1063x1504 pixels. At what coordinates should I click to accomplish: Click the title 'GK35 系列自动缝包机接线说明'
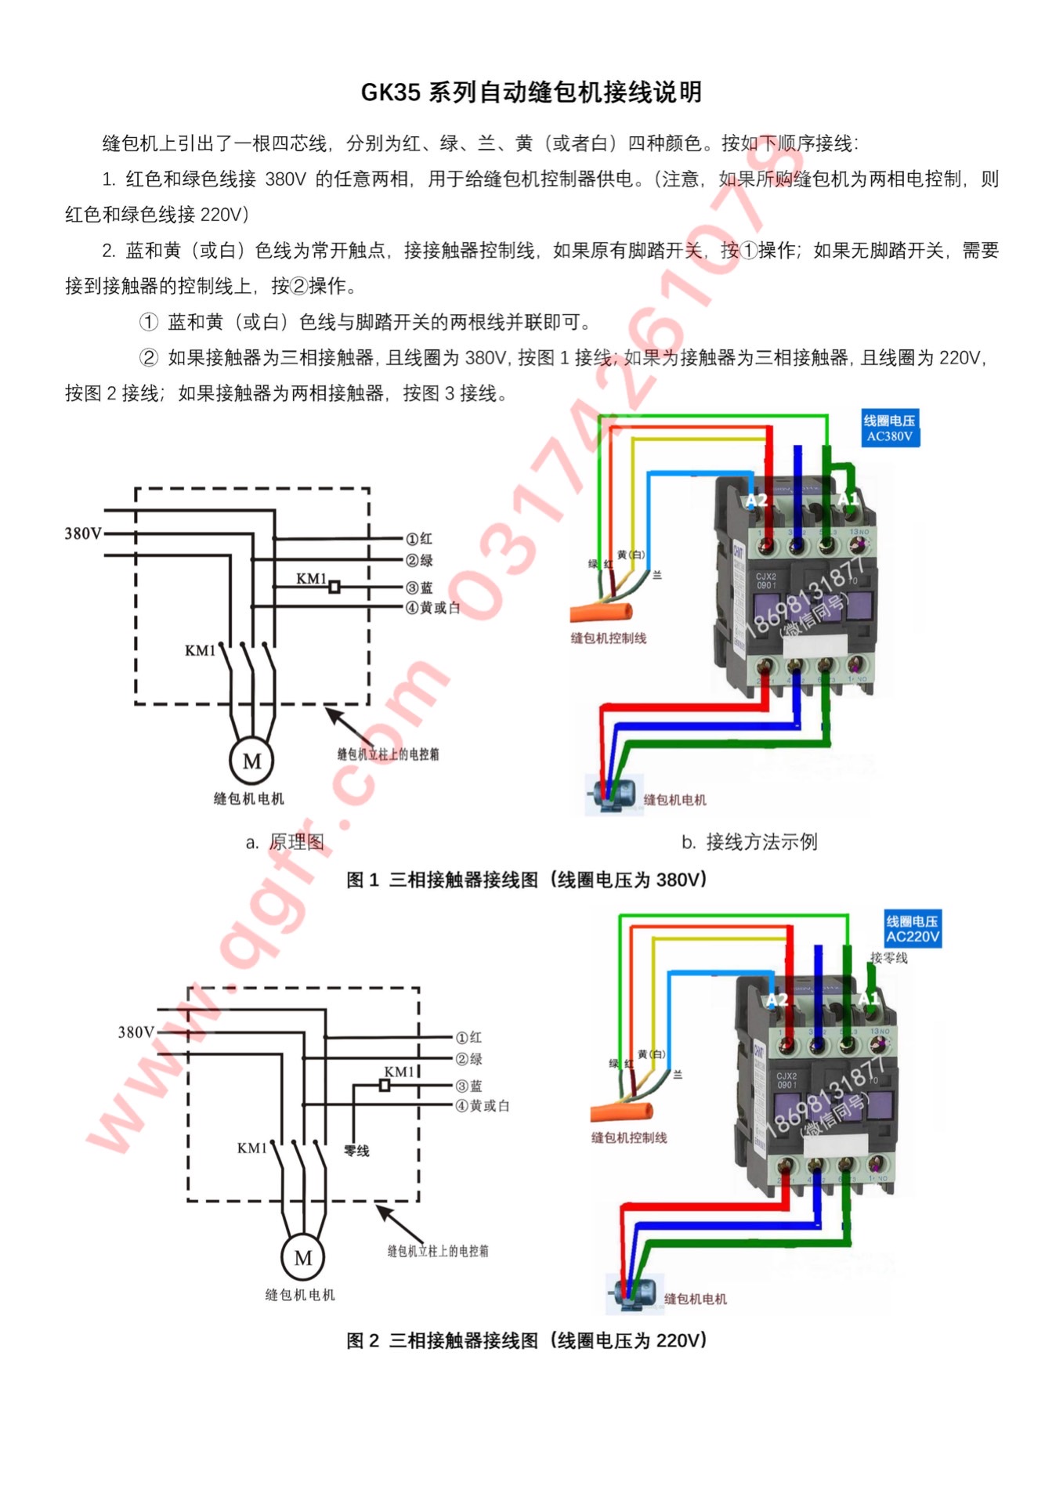coord(531,92)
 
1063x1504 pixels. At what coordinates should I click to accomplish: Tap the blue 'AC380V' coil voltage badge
coord(890,428)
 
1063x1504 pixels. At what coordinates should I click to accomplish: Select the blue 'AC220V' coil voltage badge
coord(913,929)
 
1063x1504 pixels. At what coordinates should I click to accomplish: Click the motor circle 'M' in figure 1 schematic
coord(251,761)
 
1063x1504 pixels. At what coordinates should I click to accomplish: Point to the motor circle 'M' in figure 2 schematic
coord(303,1258)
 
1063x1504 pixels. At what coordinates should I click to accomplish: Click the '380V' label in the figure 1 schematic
coord(83,533)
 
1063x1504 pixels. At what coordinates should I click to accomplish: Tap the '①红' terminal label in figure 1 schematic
coord(419,539)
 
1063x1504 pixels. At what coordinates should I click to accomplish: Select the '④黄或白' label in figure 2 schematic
coord(483,1105)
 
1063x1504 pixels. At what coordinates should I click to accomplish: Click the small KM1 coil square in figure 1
coord(334,587)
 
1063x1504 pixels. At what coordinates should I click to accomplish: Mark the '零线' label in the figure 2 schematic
coord(356,1151)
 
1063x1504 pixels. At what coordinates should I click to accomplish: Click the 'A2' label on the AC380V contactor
coord(756,500)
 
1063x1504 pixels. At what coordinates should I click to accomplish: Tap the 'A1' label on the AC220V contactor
coord(869,999)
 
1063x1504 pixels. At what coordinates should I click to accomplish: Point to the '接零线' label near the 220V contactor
coord(889,957)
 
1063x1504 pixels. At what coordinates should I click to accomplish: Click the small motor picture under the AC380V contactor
coord(608,794)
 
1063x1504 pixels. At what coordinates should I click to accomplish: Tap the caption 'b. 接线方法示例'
coord(749,842)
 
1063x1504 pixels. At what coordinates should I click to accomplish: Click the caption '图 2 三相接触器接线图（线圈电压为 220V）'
coord(527,1340)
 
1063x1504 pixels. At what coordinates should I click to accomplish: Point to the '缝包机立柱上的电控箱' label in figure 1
coord(388,754)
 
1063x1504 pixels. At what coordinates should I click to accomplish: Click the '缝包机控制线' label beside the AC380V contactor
coord(609,638)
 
